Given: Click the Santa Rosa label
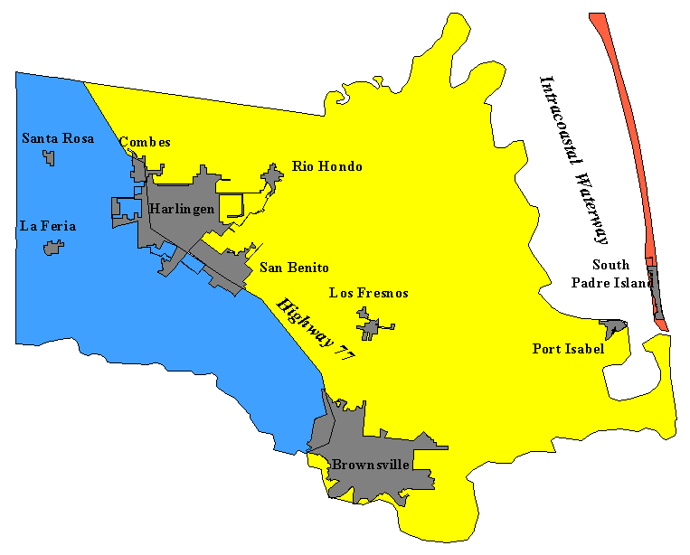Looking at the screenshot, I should [x=58, y=138].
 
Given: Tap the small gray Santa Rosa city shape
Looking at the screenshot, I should [x=49, y=158].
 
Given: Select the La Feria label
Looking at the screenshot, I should [x=47, y=226].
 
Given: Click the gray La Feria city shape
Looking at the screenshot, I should [x=54, y=247].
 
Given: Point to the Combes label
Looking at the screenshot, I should [x=145, y=142].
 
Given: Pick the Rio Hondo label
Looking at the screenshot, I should [x=326, y=166].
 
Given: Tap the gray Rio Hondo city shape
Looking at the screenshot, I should [x=271, y=174].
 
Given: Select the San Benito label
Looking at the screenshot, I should [x=293, y=268].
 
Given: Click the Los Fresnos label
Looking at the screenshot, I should [x=368, y=293].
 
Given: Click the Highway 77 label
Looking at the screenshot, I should [x=316, y=330].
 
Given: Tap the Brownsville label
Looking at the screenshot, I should [x=370, y=465].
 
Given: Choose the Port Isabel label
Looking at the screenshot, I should [x=567, y=349].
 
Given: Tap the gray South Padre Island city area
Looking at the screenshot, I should [x=657, y=294].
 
